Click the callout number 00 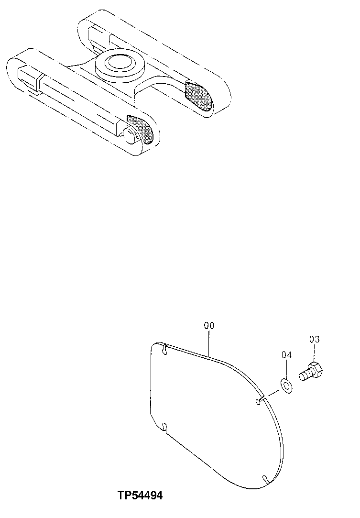click(x=209, y=326)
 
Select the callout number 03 click(x=314, y=340)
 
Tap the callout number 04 click(x=286, y=355)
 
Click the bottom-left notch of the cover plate click(x=164, y=426)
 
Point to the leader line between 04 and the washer click(x=286, y=369)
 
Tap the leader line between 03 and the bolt click(x=314, y=354)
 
